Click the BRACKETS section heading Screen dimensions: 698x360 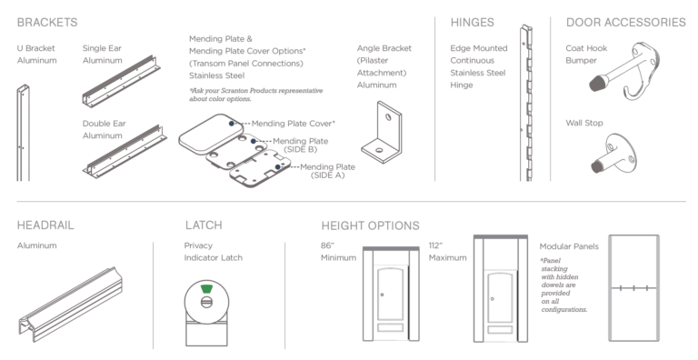tap(47, 23)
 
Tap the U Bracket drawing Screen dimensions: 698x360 tap(23, 133)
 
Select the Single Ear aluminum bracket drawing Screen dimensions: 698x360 tap(121, 82)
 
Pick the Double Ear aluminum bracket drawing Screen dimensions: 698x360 tap(125, 153)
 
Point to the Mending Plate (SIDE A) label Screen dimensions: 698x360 tap(327, 171)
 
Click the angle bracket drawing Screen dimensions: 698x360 tap(382, 133)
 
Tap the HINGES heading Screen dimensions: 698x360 tap(473, 23)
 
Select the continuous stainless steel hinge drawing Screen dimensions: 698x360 tap(525, 103)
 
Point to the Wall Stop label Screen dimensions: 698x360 tap(584, 123)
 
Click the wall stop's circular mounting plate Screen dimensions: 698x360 tap(622, 152)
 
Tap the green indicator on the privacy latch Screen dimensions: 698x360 tap(206, 289)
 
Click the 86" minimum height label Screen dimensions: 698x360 tap(338, 252)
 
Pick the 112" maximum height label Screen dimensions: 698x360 tap(447, 252)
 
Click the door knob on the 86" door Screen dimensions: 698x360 tap(382, 295)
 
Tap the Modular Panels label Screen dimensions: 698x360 tap(569, 246)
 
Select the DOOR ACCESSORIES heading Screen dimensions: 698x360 tap(626, 23)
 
